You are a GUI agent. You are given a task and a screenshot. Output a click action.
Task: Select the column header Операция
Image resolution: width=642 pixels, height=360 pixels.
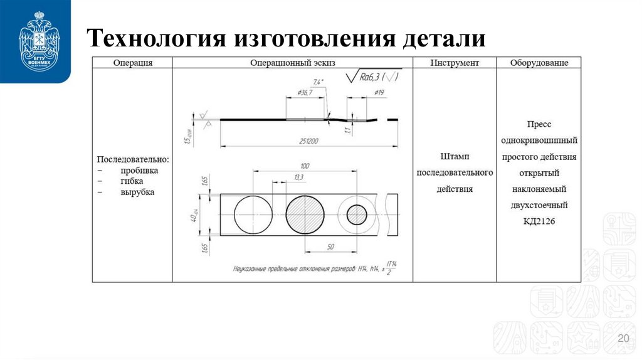[x=132, y=63]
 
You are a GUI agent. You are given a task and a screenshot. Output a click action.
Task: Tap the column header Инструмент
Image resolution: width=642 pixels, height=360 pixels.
[x=455, y=63]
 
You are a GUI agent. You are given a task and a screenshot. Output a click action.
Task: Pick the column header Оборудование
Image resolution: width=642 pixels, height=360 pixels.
[x=539, y=63]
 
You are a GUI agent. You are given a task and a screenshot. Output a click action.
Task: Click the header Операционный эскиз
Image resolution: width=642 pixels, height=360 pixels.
[x=292, y=63]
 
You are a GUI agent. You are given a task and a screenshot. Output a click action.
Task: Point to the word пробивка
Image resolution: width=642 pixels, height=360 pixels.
[x=139, y=170]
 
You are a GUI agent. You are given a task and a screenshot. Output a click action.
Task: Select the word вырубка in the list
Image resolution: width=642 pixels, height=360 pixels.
[x=137, y=193]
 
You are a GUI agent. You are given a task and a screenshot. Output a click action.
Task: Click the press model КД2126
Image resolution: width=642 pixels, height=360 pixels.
[x=539, y=221]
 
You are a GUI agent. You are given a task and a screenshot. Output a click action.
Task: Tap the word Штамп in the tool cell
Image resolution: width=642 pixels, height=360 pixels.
[x=455, y=156]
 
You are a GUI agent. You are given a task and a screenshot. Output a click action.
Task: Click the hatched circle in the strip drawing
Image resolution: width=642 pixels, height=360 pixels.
[x=305, y=214]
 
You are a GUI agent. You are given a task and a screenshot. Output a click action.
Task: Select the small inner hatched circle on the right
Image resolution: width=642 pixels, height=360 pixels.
[x=357, y=214]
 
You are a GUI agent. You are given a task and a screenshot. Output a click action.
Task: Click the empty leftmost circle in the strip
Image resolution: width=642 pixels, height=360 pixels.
[x=253, y=214]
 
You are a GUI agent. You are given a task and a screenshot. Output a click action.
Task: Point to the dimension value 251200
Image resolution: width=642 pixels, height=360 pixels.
[x=308, y=141]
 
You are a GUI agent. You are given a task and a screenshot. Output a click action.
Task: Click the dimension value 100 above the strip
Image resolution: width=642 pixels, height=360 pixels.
[x=305, y=166]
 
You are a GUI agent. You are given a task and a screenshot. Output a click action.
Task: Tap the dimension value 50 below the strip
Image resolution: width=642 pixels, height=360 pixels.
[x=330, y=247]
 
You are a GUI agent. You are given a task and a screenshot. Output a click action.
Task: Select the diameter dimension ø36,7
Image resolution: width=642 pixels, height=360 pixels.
[x=305, y=93]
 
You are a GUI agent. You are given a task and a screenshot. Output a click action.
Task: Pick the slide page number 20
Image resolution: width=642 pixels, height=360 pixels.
[x=623, y=339]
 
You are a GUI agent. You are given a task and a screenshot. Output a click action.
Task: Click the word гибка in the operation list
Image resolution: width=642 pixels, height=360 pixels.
[x=133, y=181]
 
